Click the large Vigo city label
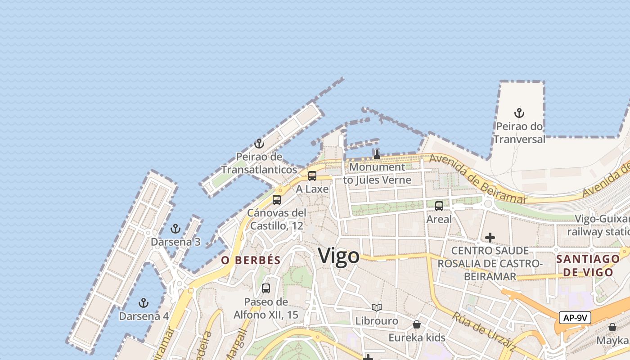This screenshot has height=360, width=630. (x=339, y=256)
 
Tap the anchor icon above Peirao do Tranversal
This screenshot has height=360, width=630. (x=520, y=112)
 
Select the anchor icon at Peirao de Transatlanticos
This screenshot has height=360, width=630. (x=259, y=144)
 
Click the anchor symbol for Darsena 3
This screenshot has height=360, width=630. (x=175, y=229)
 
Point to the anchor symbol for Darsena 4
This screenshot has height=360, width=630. (x=144, y=302)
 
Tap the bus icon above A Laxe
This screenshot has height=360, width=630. (x=312, y=175)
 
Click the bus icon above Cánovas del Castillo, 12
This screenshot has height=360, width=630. (x=277, y=199)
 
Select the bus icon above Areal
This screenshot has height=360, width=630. (x=439, y=206)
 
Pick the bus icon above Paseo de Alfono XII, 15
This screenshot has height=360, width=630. (x=266, y=288)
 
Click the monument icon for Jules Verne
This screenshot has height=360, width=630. (x=377, y=154)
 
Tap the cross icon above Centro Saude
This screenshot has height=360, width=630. (x=490, y=237)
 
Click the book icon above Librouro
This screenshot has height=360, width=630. (x=377, y=308)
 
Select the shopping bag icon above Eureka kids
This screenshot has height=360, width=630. (x=417, y=324)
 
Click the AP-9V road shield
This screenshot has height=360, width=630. (x=575, y=318)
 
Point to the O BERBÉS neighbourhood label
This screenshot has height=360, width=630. (x=251, y=260)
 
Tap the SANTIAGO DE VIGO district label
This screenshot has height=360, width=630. (x=588, y=265)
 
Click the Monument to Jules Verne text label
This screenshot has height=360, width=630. (x=377, y=174)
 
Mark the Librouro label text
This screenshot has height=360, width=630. (x=377, y=321)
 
